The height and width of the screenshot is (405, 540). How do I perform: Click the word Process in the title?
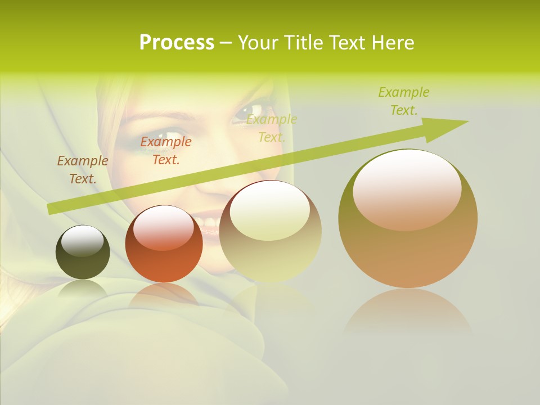177,43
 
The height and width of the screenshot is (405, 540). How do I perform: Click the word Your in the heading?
259,43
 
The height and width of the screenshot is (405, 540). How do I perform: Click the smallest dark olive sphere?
83,252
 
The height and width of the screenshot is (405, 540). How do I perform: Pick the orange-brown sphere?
164,244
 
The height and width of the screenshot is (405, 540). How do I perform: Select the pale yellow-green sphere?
270,231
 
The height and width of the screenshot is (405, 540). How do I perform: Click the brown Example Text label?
83,170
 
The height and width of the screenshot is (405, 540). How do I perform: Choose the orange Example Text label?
166,151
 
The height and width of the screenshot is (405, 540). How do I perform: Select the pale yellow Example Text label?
272,128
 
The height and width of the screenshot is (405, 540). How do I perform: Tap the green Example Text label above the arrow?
404,101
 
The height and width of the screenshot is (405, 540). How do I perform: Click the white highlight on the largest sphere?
407,189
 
